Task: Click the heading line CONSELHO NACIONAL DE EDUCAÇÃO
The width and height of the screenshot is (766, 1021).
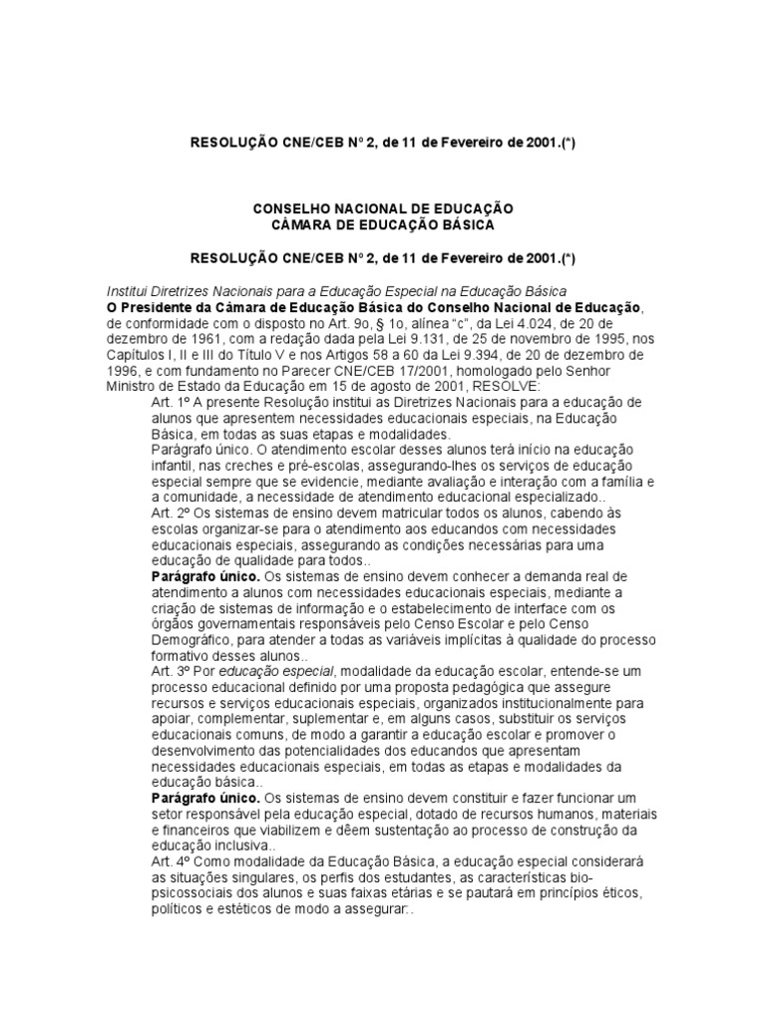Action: (x=383, y=208)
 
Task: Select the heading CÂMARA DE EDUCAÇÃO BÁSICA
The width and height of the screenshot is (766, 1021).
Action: (x=383, y=224)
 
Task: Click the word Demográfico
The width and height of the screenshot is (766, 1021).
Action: (x=192, y=640)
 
